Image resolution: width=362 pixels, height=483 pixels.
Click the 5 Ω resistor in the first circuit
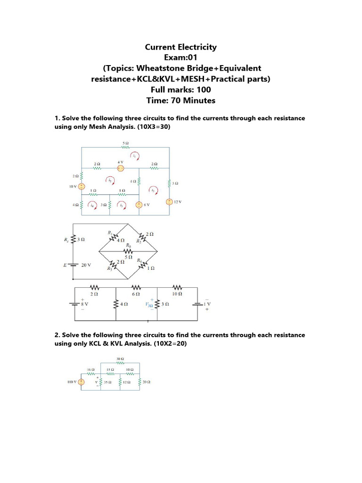click(126, 147)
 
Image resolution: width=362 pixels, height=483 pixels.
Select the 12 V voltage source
click(169, 202)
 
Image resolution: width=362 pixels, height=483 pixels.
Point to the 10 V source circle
click(82, 186)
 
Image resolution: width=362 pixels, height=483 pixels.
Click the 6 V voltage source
click(139, 205)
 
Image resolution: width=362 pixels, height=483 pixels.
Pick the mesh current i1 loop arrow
click(135, 156)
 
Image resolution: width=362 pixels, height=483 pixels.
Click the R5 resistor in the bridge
click(126, 251)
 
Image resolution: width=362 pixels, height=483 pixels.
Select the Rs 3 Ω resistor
click(73, 240)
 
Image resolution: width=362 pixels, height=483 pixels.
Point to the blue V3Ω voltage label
click(149, 305)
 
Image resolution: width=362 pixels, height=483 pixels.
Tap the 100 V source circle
click(81, 382)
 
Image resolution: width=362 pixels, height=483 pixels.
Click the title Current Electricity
click(181, 47)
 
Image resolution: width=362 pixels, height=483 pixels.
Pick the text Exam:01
click(181, 58)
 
